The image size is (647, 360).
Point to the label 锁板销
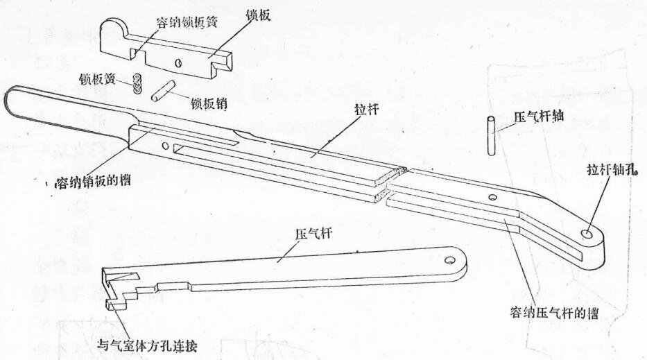tap(212, 105)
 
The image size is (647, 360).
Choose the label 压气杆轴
tap(538, 118)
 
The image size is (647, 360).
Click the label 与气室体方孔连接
tap(150, 345)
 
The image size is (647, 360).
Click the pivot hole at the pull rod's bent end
tap(587, 235)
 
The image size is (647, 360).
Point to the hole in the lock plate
tap(178, 62)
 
